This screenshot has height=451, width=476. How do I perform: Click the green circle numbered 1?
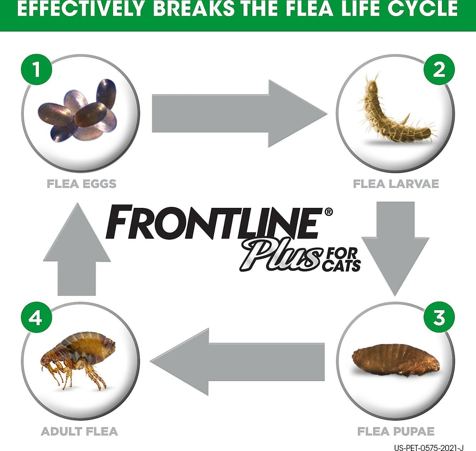[x=36, y=69]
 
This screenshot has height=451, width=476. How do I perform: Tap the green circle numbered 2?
[x=439, y=69]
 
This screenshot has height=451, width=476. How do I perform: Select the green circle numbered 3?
[x=439, y=317]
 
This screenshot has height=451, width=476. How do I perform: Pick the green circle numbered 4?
[x=36, y=317]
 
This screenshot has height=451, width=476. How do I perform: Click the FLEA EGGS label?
[x=82, y=184]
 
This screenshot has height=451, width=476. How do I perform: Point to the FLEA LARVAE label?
[x=396, y=184]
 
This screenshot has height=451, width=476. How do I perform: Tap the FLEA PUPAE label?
[x=396, y=431]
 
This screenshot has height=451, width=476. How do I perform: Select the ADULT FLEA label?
[x=79, y=431]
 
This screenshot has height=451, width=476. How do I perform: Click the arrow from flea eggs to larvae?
[x=240, y=113]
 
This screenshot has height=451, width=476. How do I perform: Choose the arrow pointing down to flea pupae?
[x=395, y=249]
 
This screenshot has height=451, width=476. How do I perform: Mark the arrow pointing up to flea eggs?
[x=77, y=249]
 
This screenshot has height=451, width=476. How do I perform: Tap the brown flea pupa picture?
[x=395, y=360]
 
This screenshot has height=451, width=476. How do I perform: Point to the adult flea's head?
[x=47, y=361]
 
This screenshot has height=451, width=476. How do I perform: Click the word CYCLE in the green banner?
[x=422, y=9]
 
